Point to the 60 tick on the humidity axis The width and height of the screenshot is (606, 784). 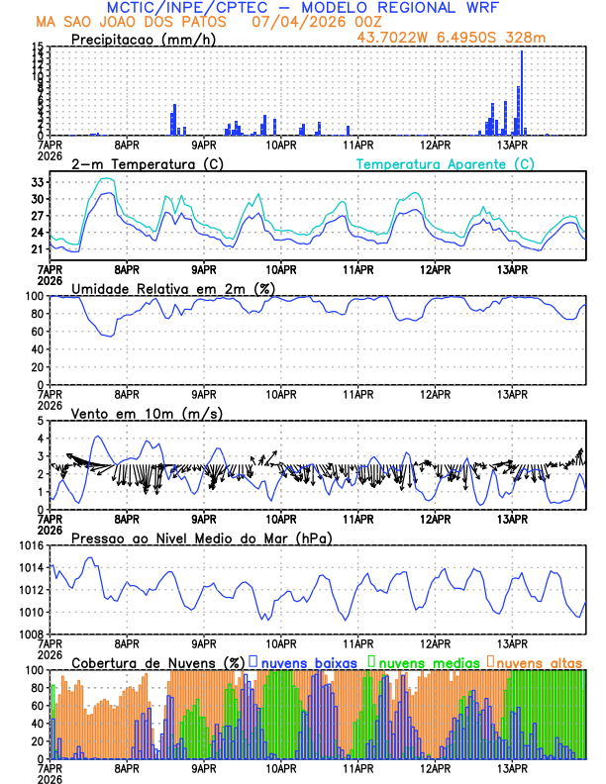tap(35, 332)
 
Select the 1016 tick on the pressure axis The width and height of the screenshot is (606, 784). tap(30, 546)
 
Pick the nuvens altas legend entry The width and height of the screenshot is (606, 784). tap(539, 662)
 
